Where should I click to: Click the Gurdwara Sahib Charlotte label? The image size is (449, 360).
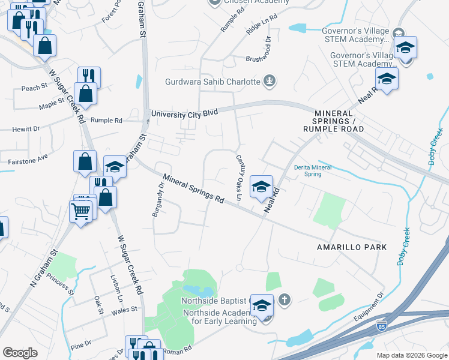tap(212, 82)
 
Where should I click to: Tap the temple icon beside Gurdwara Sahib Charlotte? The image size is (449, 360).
tap(270, 80)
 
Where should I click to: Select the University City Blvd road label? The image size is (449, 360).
tap(184, 112)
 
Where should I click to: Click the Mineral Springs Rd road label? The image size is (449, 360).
tap(193, 188)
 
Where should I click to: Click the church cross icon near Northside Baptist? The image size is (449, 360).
tap(285, 299)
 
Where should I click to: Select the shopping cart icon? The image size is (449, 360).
tap(81, 211)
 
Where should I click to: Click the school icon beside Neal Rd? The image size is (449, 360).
tap(261, 187)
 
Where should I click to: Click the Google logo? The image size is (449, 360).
tap(20, 353)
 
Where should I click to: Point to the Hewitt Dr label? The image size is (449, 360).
tap(26, 128)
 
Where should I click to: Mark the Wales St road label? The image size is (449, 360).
tap(126, 310)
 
